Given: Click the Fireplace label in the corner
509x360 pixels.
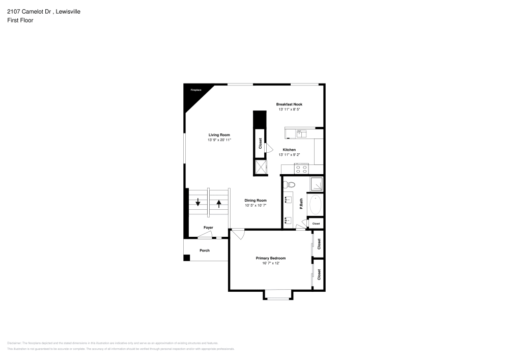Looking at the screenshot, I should (196, 90).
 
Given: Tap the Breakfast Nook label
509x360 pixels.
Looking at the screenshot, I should (290, 104).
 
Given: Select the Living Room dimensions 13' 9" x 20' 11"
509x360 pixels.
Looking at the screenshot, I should (219, 140).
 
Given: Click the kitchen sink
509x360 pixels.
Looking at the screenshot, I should (300, 134).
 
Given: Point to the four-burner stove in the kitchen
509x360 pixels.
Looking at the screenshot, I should (301, 169).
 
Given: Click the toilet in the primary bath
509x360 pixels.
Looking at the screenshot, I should (291, 184).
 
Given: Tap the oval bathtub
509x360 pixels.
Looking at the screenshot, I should (316, 205).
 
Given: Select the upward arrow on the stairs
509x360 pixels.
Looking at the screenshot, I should (219, 203).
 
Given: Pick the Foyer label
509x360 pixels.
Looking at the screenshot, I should (208, 227).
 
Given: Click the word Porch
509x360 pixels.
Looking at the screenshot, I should (204, 250).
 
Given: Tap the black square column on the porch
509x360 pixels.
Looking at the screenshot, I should (187, 257).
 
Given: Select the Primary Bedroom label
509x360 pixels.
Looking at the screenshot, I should (270, 258).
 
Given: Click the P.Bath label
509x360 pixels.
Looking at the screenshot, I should (301, 204).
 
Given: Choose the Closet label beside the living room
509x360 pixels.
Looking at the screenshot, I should (260, 143).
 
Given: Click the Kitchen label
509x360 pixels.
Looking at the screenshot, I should (289, 150).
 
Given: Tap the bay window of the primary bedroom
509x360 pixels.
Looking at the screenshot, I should (277, 295).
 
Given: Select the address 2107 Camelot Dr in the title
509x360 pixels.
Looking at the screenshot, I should (29, 11).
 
